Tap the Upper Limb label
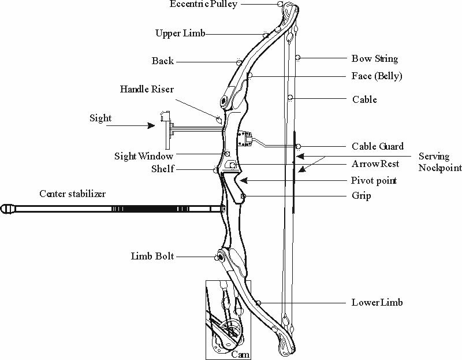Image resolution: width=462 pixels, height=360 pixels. pos(180,33)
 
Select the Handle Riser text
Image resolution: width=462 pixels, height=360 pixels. pos(147,90)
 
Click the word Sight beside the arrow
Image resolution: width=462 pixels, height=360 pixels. pos(100,118)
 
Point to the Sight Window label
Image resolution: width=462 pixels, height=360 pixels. pos(144,156)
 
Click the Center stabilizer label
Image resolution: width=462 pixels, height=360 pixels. pos(72,194)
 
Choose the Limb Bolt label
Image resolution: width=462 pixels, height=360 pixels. pos(152,256)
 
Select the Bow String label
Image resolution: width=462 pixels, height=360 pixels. pos(375,59)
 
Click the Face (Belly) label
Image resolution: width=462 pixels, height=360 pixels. pos(377,76)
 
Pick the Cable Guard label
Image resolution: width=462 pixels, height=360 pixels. pos(378,147)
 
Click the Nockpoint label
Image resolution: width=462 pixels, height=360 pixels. pos(440,168)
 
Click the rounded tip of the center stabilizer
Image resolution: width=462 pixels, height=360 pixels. pos(6,208)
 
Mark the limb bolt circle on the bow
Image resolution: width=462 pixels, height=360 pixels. pos(220,256)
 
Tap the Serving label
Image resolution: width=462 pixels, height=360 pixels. pos(433,157)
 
